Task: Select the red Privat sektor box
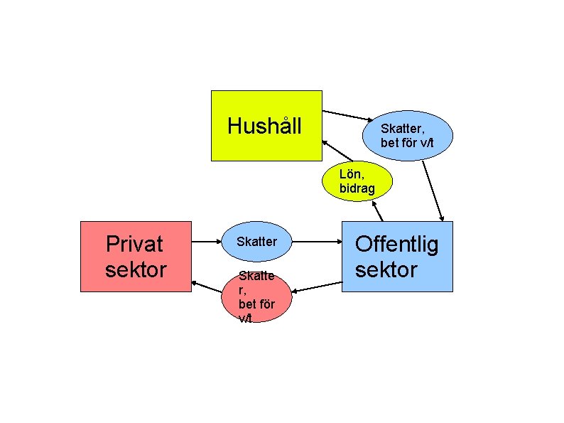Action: pos(136,257)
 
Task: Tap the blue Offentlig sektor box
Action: pos(397,257)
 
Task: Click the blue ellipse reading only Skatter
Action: pos(256,242)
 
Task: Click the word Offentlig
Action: pos(396,245)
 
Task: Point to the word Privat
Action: pos(134,244)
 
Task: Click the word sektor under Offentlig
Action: pos(386,269)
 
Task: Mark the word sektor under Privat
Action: pos(136,269)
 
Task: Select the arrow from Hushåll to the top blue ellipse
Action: pos(348,116)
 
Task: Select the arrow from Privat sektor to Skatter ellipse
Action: pos(206,242)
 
